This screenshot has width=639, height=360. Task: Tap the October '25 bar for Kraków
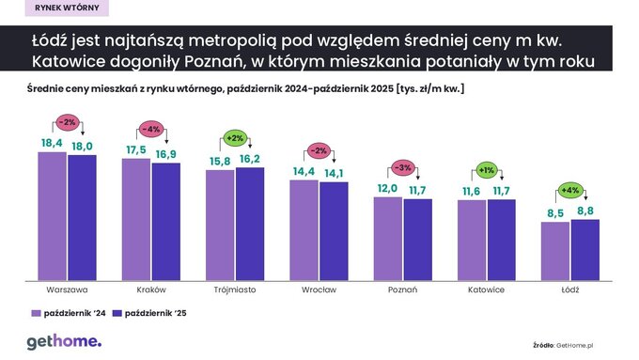click(165, 221)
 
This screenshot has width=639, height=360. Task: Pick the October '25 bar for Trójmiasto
click(249, 223)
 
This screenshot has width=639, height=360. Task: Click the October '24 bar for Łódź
click(555, 250)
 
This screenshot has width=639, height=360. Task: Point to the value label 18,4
click(52, 141)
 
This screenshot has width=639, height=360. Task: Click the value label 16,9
click(166, 154)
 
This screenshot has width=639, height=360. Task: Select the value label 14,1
click(334, 172)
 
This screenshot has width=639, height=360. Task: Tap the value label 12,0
click(387, 188)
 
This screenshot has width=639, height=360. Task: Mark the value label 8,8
click(585, 211)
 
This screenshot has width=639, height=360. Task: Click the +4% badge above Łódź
click(570, 190)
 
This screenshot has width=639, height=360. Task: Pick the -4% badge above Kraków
click(151, 128)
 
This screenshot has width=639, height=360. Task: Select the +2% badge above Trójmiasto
click(235, 138)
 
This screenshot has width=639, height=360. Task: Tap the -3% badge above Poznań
click(402, 167)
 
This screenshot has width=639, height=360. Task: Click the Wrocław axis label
click(319, 290)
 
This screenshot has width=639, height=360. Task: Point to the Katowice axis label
click(486, 290)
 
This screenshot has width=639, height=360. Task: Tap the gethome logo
click(63, 341)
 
